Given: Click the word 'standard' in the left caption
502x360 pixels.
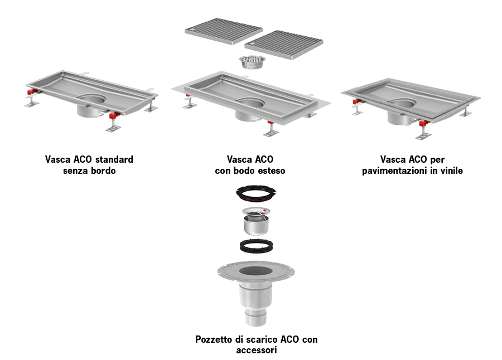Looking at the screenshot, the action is click(114, 159).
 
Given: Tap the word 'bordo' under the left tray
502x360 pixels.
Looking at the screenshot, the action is click(102, 171).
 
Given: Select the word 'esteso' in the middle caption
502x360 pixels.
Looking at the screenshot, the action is click(272, 171).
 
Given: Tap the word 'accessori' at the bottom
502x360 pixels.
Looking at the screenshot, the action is click(257, 350).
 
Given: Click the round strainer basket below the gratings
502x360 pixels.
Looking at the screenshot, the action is click(252, 62).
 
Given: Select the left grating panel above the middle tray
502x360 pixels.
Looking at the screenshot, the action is click(224, 31).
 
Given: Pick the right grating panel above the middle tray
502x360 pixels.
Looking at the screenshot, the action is click(284, 45).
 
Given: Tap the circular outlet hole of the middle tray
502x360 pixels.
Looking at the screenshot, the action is click(250, 103).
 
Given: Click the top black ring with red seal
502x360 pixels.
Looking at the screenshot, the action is click(256, 193).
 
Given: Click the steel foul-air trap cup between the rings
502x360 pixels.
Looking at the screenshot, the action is click(256, 221).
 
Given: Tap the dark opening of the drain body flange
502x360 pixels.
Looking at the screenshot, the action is click(256, 271).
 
